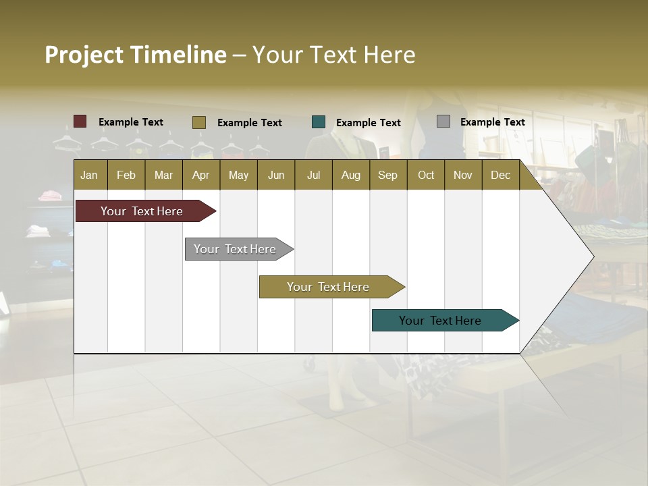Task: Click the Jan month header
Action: coord(89,175)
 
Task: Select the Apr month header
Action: coord(200,175)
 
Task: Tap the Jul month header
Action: coord(313,175)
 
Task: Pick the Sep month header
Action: coord(387,175)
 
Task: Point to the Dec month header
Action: coord(500,175)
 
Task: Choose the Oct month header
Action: coord(426,175)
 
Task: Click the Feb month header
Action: coord(126,175)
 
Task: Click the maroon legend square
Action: coord(80,122)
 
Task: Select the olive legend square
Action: coord(199,122)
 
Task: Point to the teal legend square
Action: coord(319,122)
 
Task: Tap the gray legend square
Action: coord(443,122)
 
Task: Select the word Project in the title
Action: coord(84,55)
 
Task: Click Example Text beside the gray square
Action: coord(492,122)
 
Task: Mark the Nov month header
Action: coord(463,175)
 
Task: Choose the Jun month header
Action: coord(276,175)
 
